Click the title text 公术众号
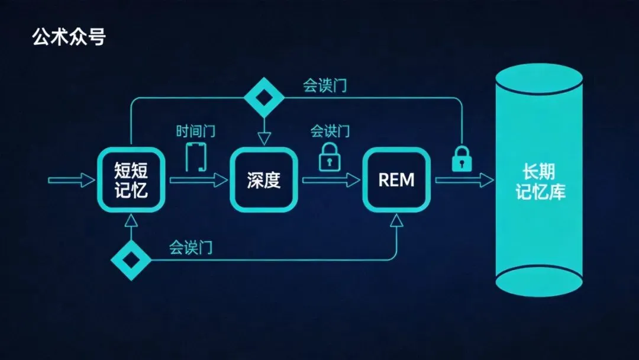point(69,37)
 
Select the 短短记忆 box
point(131,180)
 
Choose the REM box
point(396,180)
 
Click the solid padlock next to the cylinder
point(461,159)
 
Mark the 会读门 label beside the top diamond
point(325,85)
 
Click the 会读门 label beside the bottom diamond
point(191,247)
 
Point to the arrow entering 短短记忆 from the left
point(71,180)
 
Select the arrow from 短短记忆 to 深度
point(198,180)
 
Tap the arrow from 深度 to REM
point(331,180)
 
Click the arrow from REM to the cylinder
point(464,180)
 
